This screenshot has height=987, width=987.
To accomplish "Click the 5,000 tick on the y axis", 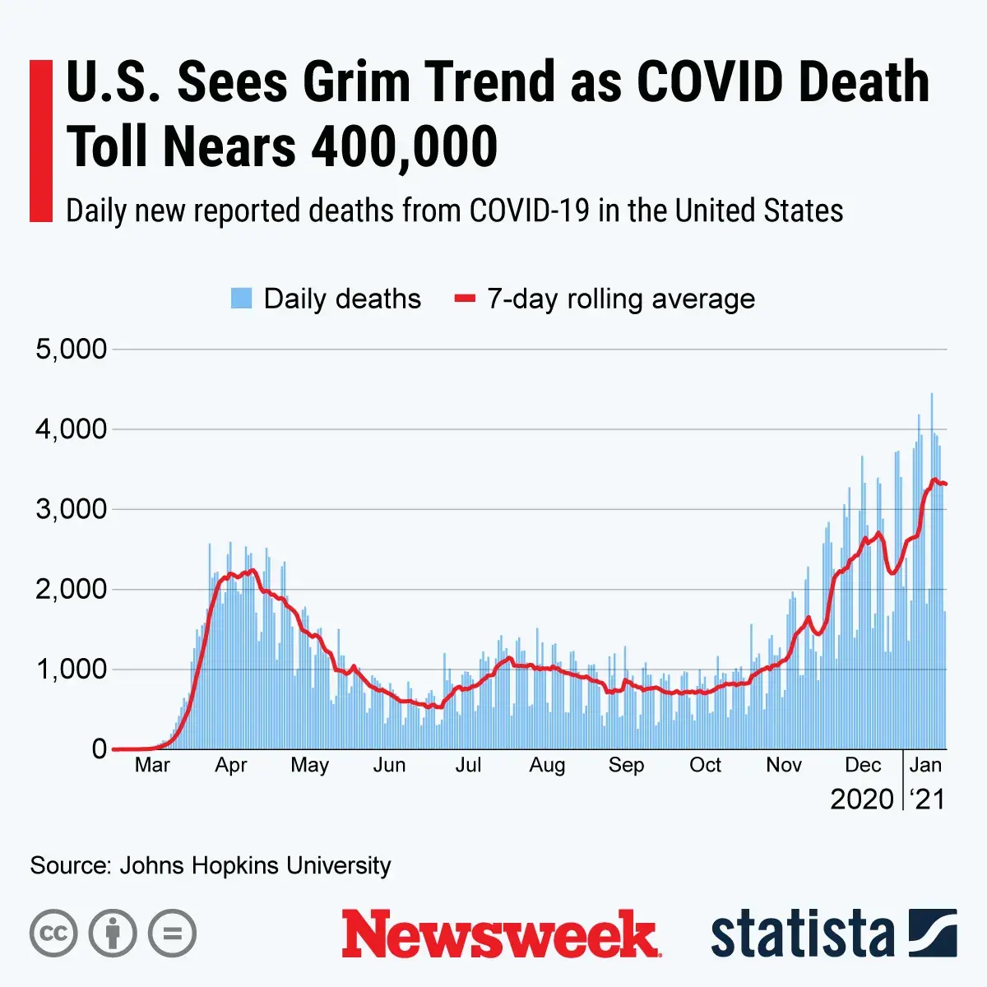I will coord(72,349).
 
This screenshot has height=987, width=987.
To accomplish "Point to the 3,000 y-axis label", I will coord(72,509).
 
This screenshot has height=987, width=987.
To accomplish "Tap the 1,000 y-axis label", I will coord(72,670).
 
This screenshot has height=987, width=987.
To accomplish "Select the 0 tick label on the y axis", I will coord(100,748).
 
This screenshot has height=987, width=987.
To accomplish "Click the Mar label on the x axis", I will coord(152,766).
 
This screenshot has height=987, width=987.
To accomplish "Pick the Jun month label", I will coord(389,766).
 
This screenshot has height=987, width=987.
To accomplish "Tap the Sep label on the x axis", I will coord(626,766).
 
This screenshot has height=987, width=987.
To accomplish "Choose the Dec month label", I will coord(863,766).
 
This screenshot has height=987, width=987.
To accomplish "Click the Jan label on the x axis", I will coord(925,766).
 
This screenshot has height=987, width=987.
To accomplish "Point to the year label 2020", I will coord(862,799).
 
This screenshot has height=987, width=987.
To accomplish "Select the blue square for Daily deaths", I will coord(241,299).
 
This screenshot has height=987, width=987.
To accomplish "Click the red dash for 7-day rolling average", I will coord(466,299).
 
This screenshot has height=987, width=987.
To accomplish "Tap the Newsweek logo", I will coord(500,934).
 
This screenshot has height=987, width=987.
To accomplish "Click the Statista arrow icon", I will coord(933,933).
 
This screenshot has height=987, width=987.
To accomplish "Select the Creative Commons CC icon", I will coord(53,934).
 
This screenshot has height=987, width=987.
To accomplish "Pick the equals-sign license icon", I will coord(173,934).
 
